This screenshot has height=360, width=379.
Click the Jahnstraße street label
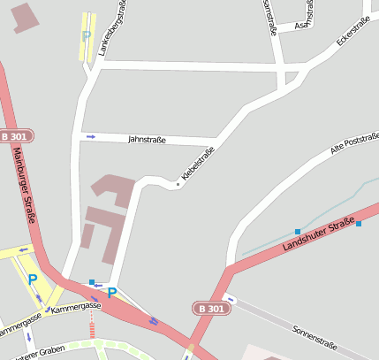[147, 139]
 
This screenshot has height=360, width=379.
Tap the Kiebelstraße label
[198, 165]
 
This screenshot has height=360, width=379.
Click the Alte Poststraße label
[354, 144]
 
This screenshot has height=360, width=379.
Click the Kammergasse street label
[76, 308]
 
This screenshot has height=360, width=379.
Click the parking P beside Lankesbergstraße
[86, 36]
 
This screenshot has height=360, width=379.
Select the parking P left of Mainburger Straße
[33, 279]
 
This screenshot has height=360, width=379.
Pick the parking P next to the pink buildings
[111, 292]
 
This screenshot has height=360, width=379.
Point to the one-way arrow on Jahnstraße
[90, 136]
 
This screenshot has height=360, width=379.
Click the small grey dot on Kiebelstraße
[178, 184]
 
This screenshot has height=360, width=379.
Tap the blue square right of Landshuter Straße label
[359, 224]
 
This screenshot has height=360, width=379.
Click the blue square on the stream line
[298, 232]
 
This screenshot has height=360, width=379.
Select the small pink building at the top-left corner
[26, 18]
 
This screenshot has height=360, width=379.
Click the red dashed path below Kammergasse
[90, 329]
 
